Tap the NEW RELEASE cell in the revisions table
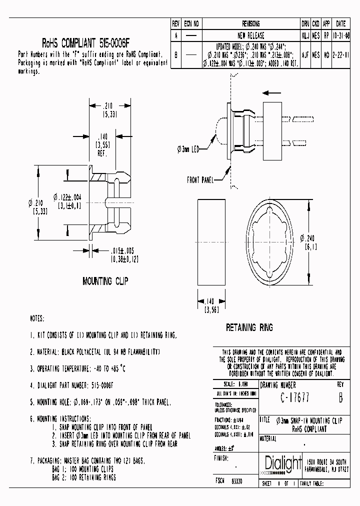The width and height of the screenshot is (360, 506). pyautogui.click(x=250, y=36)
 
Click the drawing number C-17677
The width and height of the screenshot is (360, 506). pyautogui.click(x=294, y=398)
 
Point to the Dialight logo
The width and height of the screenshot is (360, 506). pyautogui.click(x=281, y=463)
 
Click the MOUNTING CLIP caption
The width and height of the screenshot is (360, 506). pyautogui.click(x=105, y=281)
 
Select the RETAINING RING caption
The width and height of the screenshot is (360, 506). pyautogui.click(x=249, y=327)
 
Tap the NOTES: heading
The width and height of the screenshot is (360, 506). pyautogui.click(x=37, y=318)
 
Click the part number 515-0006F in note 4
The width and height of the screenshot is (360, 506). pyautogui.click(x=102, y=385)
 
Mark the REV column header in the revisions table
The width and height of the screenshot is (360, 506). pyautogui.click(x=175, y=23)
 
